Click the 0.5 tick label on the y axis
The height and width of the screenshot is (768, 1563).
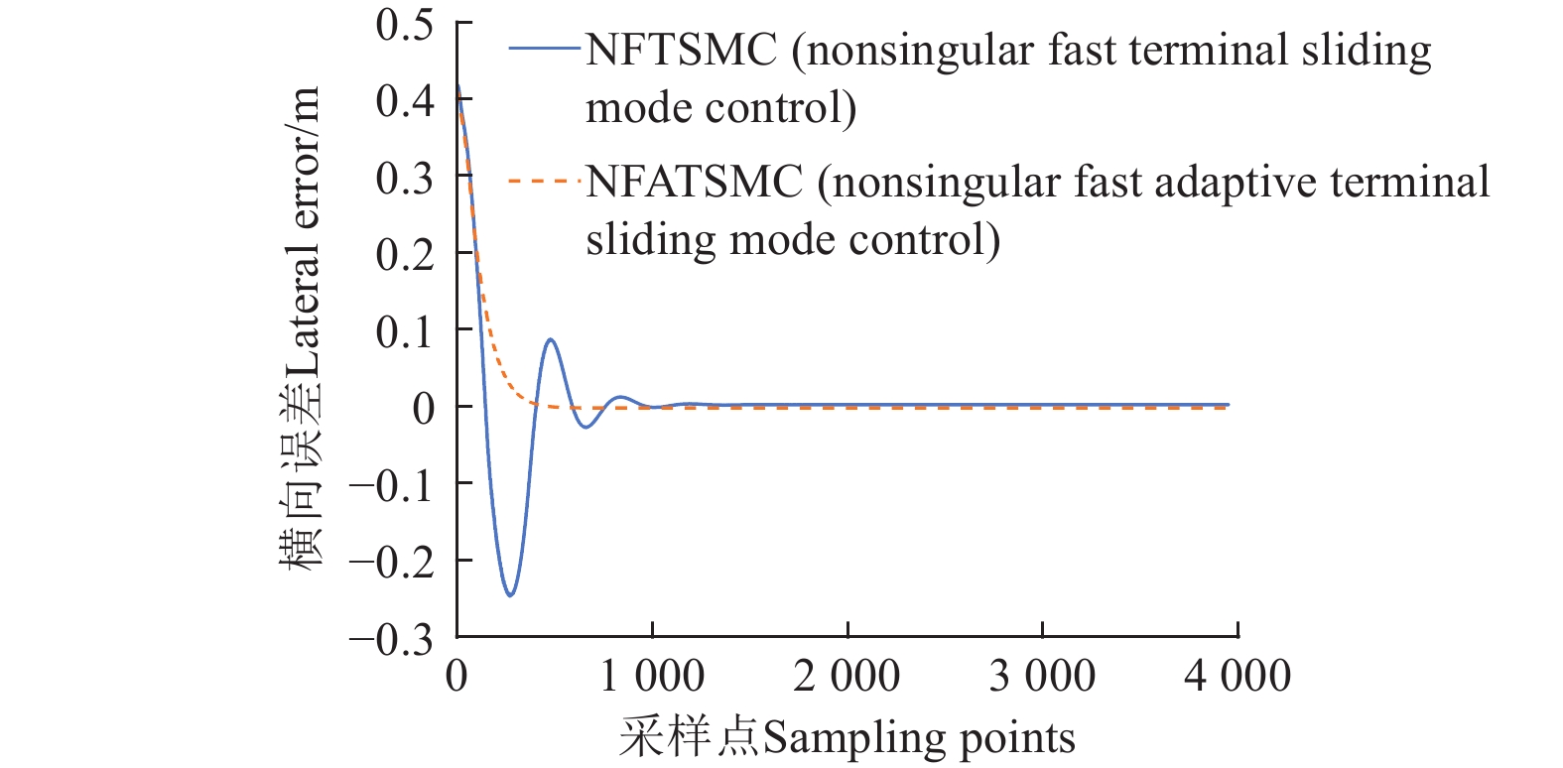[405, 24]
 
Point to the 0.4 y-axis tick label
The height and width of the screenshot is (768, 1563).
[405, 100]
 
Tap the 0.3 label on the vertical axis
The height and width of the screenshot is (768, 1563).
[405, 178]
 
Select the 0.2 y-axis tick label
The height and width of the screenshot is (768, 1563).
[405, 254]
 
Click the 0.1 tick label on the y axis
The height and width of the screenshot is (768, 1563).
[405, 330]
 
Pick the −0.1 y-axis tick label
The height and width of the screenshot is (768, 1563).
[391, 485]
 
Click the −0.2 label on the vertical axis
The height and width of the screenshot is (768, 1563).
[391, 562]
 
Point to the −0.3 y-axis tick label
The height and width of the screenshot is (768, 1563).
[391, 639]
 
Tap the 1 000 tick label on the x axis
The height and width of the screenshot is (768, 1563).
[652, 676]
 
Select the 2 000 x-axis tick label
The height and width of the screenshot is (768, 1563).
[847, 676]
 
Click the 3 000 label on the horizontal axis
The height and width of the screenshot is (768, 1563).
[1042, 676]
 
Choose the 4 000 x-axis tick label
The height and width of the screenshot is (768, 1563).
[1237, 676]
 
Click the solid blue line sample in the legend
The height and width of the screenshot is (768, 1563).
[544, 48]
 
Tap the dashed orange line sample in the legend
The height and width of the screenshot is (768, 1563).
[544, 181]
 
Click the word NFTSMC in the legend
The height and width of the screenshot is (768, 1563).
[681, 50]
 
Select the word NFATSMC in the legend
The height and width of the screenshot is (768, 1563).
[694, 182]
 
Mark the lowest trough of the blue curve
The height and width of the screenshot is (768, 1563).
[510, 594]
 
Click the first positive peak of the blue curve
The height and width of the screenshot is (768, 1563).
[550, 340]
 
